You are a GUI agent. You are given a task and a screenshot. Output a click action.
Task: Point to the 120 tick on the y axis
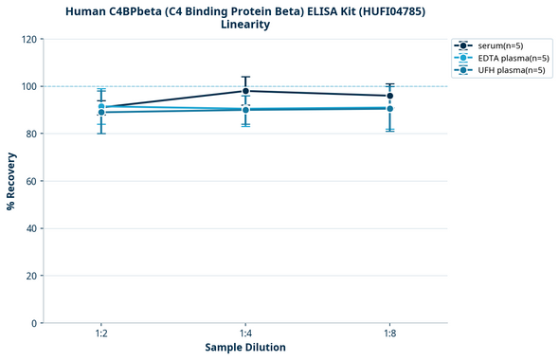click(x=28, y=39)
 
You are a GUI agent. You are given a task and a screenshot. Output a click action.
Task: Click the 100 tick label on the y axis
click(x=28, y=86)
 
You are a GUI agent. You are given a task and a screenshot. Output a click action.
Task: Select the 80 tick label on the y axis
click(x=31, y=134)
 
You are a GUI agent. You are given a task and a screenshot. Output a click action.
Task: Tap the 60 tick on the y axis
click(x=31, y=181)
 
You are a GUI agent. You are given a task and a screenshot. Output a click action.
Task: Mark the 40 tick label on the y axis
click(x=31, y=228)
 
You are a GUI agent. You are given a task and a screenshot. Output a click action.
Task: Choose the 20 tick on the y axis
click(x=31, y=276)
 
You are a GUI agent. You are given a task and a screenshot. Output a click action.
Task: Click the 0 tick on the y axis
click(x=34, y=323)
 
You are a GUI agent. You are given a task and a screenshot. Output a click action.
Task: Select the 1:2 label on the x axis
click(x=101, y=333)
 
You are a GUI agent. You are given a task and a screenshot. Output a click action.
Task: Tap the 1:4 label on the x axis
click(x=245, y=333)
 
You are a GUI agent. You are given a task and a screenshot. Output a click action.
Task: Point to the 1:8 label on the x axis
click(x=389, y=333)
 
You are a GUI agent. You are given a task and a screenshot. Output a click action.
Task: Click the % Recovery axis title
click(x=11, y=181)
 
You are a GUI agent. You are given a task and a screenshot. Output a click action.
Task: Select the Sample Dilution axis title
click(x=245, y=348)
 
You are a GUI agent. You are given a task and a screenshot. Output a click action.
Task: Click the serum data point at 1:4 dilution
click(x=245, y=91)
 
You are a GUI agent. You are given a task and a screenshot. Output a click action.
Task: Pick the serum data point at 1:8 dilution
click(x=389, y=96)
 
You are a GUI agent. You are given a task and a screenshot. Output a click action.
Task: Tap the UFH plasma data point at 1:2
click(x=101, y=113)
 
